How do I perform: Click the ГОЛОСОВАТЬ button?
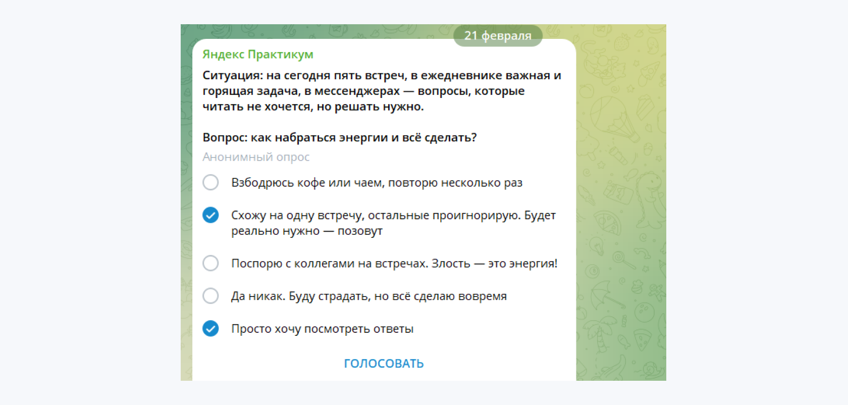click(x=384, y=364)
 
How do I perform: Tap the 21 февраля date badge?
click(x=498, y=36)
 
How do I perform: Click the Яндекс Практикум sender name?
click(x=258, y=55)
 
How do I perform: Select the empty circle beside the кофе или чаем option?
click(x=210, y=182)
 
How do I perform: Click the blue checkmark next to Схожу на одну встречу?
click(x=210, y=215)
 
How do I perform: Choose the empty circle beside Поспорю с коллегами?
click(x=210, y=263)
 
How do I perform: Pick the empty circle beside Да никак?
click(x=210, y=296)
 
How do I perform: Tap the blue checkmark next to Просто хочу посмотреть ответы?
click(x=210, y=329)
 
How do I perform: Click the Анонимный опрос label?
click(x=256, y=157)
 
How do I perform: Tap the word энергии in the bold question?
click(x=361, y=137)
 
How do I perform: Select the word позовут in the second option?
click(x=360, y=231)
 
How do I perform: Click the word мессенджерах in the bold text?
click(x=357, y=91)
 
